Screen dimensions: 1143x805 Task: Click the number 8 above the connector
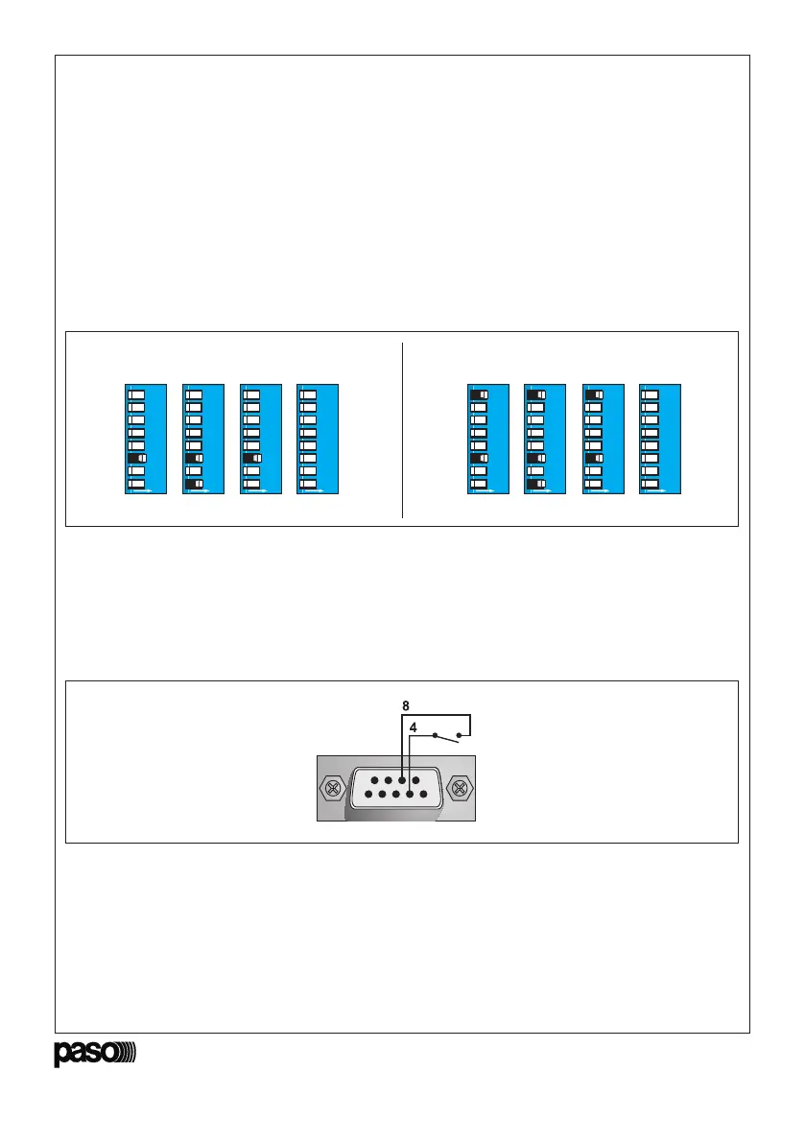(x=405, y=705)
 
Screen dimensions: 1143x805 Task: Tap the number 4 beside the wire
(x=414, y=728)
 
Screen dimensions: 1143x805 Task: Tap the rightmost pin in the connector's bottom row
(x=423, y=794)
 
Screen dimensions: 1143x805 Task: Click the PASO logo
(x=94, y=1054)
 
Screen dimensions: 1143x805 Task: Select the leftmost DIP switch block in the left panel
(x=147, y=440)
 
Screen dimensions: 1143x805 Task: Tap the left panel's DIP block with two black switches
(x=203, y=440)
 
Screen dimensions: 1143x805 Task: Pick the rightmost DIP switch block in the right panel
(x=660, y=440)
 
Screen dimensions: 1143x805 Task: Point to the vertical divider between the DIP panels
(x=402, y=429)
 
